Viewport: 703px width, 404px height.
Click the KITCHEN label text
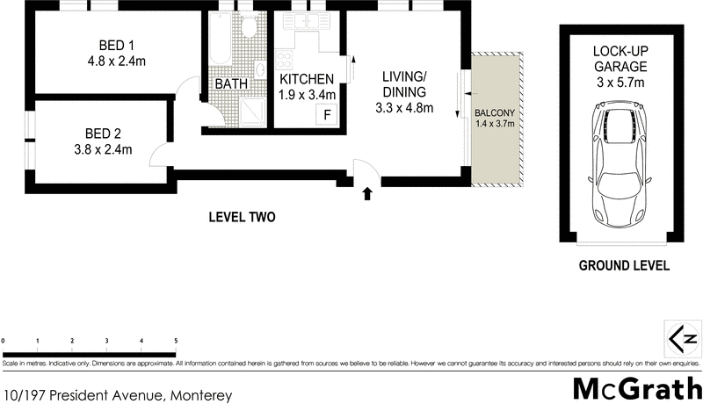click(306, 79)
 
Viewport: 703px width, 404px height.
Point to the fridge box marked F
click(327, 113)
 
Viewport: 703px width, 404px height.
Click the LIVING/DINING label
click(403, 84)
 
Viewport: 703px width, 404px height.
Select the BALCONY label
click(495, 113)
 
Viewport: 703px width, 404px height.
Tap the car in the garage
click(621, 167)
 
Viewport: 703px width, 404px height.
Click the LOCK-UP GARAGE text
click(620, 59)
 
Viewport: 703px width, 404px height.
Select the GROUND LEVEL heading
click(623, 265)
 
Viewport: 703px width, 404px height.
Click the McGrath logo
click(636, 387)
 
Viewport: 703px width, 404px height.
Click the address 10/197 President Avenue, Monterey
click(118, 395)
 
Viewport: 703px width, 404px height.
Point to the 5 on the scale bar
click(176, 340)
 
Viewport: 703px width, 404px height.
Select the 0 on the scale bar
click(4, 340)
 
